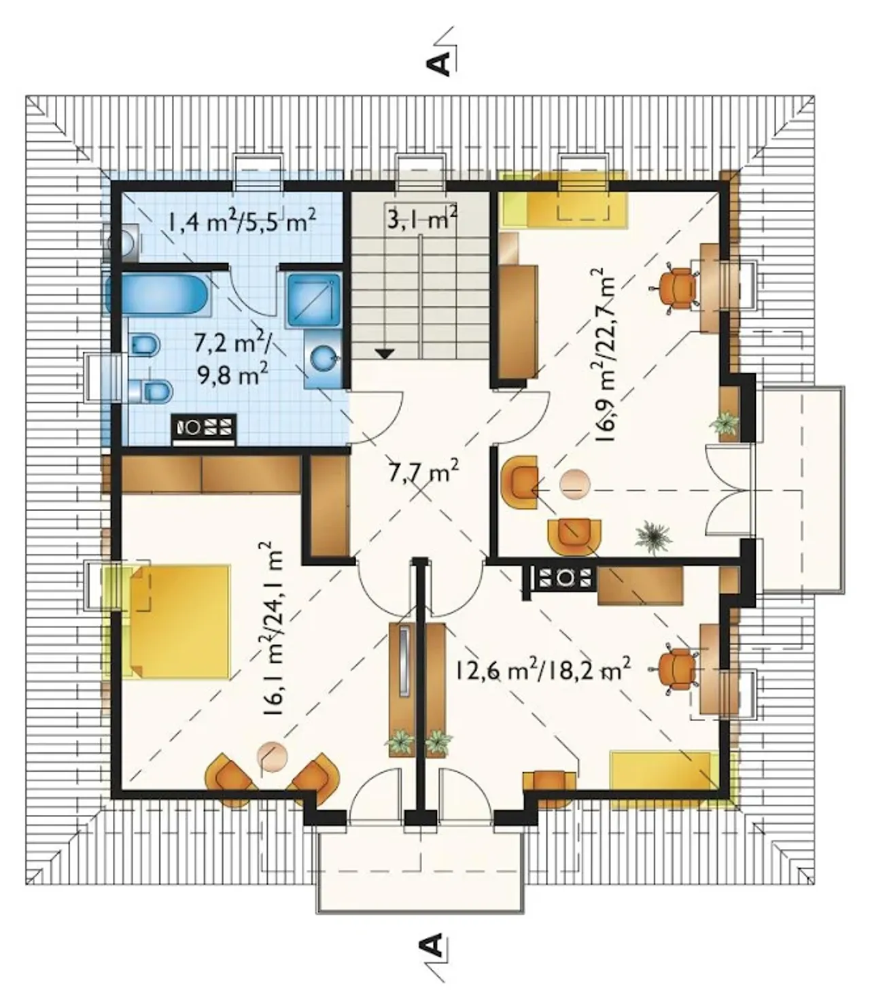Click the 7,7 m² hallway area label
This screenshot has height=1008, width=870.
(423, 472)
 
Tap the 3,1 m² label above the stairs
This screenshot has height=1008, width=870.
(422, 219)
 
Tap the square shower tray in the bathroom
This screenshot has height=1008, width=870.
(313, 299)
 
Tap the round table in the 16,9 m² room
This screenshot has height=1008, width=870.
(574, 484)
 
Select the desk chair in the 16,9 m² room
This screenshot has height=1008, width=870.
(676, 288)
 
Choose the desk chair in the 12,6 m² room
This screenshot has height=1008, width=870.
(676, 670)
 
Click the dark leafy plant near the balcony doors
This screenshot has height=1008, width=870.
(653, 536)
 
